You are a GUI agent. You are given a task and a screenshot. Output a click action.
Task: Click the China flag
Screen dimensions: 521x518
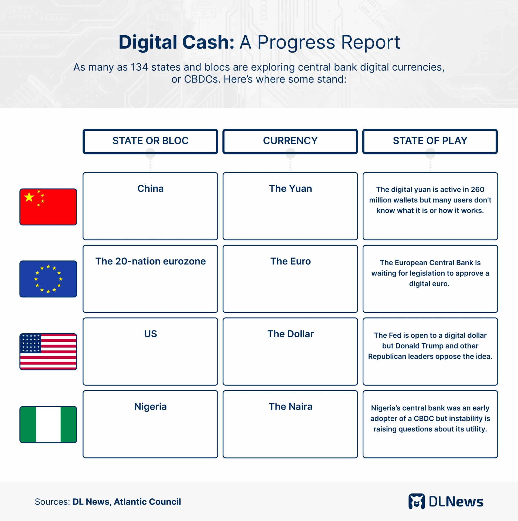tap(48, 207)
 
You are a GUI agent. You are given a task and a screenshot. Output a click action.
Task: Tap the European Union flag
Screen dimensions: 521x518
tap(48, 279)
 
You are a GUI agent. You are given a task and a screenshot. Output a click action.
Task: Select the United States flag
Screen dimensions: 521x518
tap(48, 352)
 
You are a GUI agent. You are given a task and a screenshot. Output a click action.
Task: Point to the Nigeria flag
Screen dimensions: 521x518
tap(48, 424)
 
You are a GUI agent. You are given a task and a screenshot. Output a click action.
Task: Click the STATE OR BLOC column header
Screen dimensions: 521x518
tap(150, 141)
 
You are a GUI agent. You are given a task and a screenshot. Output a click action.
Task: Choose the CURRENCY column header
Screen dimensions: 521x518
tap(290, 141)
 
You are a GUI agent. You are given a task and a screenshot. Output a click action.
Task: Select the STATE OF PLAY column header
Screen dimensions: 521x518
tap(430, 141)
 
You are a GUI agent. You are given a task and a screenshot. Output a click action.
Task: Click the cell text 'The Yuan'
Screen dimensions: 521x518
tap(291, 188)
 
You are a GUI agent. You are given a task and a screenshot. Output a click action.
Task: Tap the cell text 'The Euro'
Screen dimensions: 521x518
tap(291, 261)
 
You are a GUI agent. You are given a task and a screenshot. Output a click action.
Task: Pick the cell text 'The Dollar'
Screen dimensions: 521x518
tap(291, 334)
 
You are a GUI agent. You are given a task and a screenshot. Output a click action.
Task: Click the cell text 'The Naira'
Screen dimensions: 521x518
tap(291, 406)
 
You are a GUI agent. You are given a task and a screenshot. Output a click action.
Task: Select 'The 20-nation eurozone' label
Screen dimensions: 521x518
tap(151, 261)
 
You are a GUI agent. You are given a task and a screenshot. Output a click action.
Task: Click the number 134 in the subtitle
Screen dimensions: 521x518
tap(139, 67)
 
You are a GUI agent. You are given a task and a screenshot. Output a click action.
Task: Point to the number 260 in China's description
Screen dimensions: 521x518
tap(477, 190)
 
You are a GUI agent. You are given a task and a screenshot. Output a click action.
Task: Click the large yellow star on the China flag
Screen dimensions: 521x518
tap(29, 197)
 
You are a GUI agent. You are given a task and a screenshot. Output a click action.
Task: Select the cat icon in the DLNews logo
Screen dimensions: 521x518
tap(417, 502)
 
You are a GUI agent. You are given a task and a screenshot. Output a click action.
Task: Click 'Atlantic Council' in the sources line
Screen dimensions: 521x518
tap(147, 502)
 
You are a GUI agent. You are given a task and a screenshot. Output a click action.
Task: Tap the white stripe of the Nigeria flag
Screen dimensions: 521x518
tap(48, 424)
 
